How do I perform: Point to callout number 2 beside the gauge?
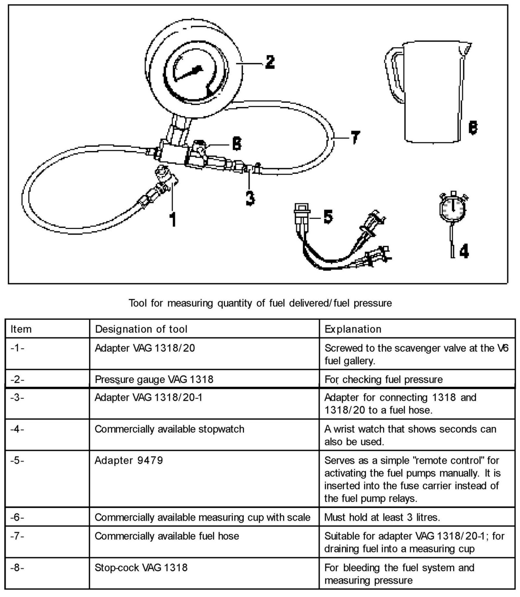click(x=270, y=62)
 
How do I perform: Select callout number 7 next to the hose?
click(x=355, y=137)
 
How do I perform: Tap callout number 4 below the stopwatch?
click(x=464, y=251)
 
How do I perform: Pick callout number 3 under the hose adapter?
click(x=250, y=197)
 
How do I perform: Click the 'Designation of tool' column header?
click(x=141, y=329)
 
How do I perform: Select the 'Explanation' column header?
click(x=353, y=329)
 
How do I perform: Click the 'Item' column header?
click(x=21, y=329)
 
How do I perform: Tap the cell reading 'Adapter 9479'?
click(x=129, y=460)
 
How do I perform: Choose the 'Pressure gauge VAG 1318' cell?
click(x=154, y=379)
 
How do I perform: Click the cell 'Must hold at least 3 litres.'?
click(x=382, y=517)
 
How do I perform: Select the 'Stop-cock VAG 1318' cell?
click(x=141, y=567)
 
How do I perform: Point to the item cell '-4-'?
click(x=17, y=429)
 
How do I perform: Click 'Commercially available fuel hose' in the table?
click(x=167, y=536)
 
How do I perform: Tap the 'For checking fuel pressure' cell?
click(x=383, y=379)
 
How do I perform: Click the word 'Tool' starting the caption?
click(x=138, y=303)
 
